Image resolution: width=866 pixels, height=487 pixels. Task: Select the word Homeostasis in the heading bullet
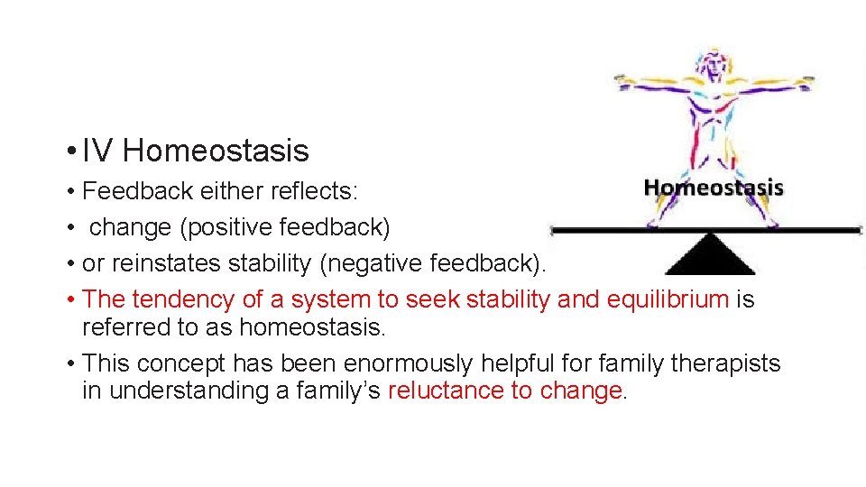216,151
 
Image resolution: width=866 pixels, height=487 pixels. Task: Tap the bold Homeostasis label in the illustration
714,188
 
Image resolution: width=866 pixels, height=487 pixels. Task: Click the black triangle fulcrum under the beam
710,255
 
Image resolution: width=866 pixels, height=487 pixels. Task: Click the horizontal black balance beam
613,231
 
